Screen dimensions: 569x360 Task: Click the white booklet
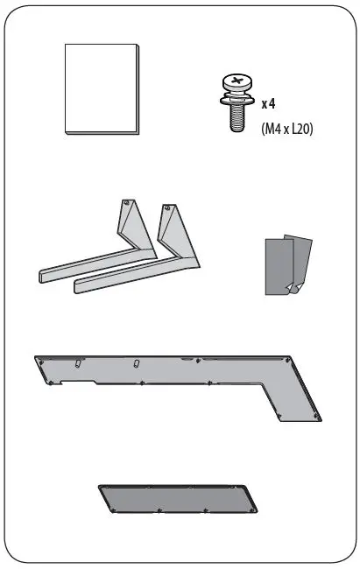click(x=102, y=88)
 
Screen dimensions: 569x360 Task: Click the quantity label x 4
click(x=269, y=103)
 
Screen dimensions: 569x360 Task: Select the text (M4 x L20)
click(x=287, y=128)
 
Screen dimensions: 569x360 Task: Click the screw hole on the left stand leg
click(x=127, y=204)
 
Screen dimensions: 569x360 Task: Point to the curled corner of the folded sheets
click(x=294, y=289)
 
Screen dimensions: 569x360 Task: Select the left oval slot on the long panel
click(x=79, y=362)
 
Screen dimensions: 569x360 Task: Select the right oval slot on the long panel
click(x=136, y=363)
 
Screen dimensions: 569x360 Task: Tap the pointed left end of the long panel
click(x=39, y=359)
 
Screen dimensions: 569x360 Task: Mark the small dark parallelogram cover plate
click(x=178, y=498)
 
